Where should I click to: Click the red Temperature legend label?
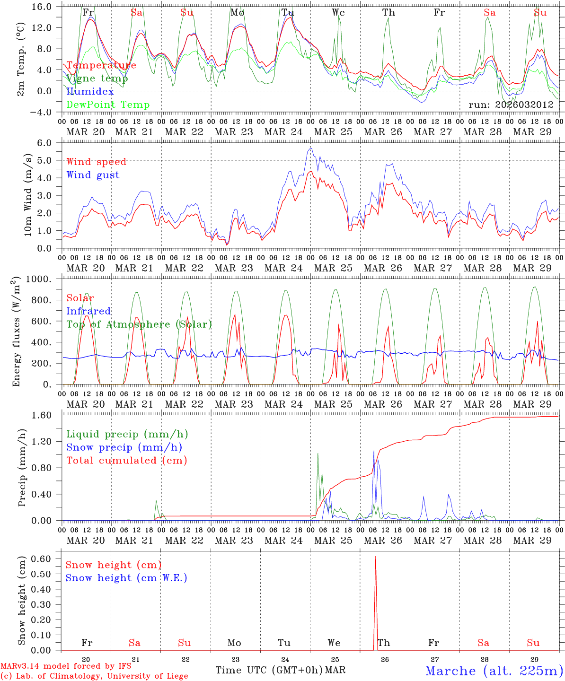(x=101, y=65)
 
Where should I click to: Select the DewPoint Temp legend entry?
(x=108, y=105)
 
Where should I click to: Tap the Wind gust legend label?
(x=93, y=175)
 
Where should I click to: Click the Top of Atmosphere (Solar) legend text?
(x=139, y=324)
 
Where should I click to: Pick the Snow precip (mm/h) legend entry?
(x=124, y=447)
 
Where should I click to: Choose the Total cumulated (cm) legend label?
(x=127, y=460)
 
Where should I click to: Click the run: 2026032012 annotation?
(x=511, y=105)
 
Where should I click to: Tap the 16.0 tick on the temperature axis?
(x=43, y=7)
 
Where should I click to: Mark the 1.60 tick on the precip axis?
(x=46, y=415)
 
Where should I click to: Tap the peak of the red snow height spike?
(x=376, y=557)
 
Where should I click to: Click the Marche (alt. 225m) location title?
(x=494, y=671)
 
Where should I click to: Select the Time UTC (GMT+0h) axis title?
(x=269, y=670)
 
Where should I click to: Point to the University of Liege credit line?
(x=94, y=676)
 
